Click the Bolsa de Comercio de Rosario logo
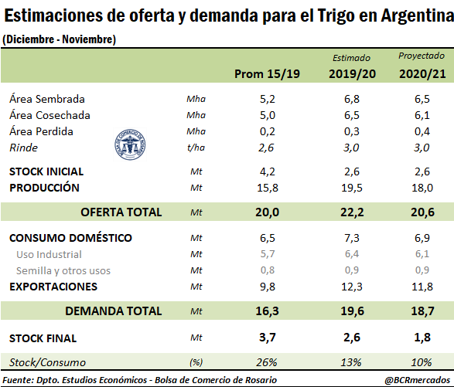coord(130,144)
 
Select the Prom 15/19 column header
coord(267,74)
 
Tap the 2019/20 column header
coord(352,74)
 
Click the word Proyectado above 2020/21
coord(422,56)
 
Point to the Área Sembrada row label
coord(47,99)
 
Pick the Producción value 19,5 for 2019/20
coord(352,188)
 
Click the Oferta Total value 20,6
coord(422,212)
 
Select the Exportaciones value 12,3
coord(352,287)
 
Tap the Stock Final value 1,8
coord(422,338)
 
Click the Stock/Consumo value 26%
coord(267,362)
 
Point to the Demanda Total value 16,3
coord(267,311)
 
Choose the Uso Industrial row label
coord(49,255)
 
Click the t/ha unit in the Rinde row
coord(196,148)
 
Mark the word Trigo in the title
coord(336,15)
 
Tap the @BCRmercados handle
coord(418,380)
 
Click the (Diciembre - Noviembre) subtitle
coord(59,39)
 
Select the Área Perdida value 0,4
coord(422,131)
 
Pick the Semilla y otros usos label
coord(63,270)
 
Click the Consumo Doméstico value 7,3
coord(352,238)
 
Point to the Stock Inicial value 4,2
coord(267,171)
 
